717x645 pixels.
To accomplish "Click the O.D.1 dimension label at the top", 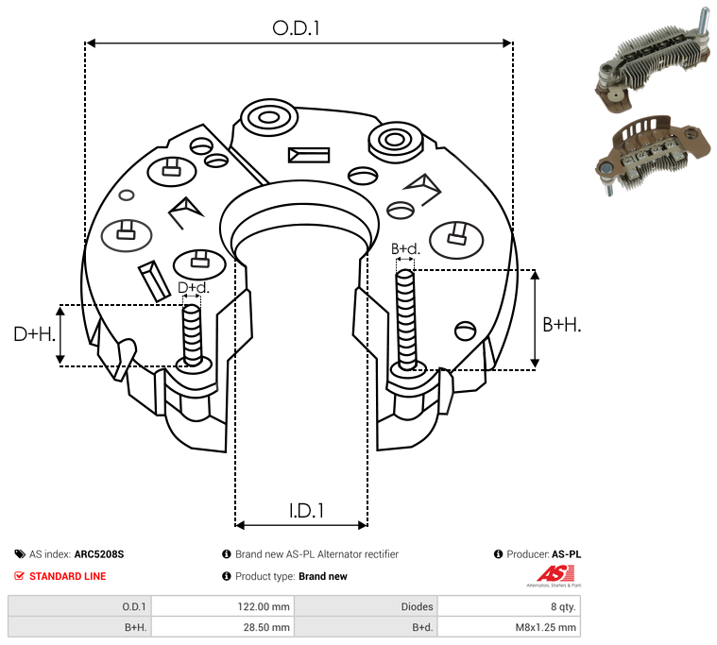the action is pyautogui.click(x=296, y=28).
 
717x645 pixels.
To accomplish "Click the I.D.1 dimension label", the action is pyautogui.click(x=306, y=511).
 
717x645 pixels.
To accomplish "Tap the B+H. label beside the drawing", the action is pyautogui.click(x=561, y=325).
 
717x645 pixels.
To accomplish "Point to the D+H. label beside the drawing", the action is pyautogui.click(x=34, y=334).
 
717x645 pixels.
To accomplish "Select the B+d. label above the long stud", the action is pyautogui.click(x=405, y=248).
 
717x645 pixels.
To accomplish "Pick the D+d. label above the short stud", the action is pyautogui.click(x=193, y=287).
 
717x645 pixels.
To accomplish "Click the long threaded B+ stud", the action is pyautogui.click(x=405, y=319).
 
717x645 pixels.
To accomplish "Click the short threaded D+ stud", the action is pyautogui.click(x=192, y=335).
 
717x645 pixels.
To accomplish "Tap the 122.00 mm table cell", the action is pyautogui.click(x=264, y=606).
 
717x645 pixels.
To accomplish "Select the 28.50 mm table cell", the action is pyautogui.click(x=266, y=627).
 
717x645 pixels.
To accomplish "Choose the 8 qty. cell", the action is pyautogui.click(x=563, y=606).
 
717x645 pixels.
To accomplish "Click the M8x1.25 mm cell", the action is pyautogui.click(x=545, y=627).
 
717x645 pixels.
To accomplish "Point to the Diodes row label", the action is pyautogui.click(x=417, y=606).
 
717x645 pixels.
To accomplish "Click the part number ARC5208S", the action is pyautogui.click(x=99, y=554).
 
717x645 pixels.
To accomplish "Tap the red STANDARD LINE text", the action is pyautogui.click(x=68, y=576).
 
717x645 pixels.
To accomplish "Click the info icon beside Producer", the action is pyautogui.click(x=498, y=554).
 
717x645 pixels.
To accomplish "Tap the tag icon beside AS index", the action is pyautogui.click(x=20, y=554).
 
